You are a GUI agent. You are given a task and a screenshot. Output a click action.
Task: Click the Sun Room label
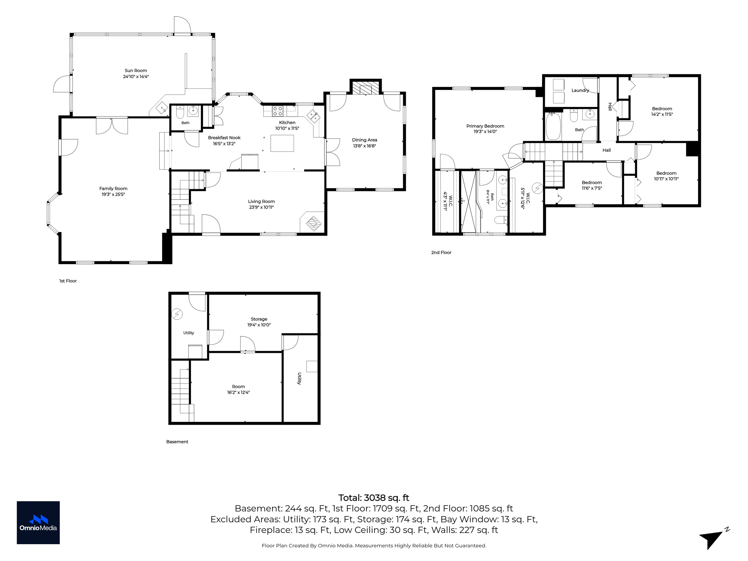tap(136, 70)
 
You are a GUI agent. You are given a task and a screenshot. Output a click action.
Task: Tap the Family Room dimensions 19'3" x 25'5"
tap(113, 194)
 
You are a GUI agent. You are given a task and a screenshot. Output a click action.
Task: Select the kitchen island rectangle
tap(282, 143)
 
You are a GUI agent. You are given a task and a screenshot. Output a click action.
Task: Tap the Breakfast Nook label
tap(224, 138)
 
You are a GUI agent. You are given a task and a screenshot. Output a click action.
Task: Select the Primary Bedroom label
tap(485, 126)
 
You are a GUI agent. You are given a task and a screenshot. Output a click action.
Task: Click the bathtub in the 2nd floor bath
tap(553, 126)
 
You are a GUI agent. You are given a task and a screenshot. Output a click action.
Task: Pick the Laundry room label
tap(580, 90)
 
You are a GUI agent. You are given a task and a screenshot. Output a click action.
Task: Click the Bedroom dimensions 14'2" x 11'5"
tap(662, 114)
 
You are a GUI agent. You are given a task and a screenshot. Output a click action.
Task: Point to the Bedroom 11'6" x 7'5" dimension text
tap(592, 188)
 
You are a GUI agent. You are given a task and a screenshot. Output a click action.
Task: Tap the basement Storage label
tap(259, 319)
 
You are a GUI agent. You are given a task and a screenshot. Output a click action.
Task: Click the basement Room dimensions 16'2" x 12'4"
tap(238, 392)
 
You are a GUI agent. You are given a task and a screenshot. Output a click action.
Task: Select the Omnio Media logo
tap(38, 523)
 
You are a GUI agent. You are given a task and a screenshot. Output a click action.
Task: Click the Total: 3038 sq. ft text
tap(374, 498)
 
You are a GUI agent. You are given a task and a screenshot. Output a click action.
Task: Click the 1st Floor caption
tap(68, 281)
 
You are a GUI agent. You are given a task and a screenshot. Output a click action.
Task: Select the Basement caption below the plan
tap(177, 442)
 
